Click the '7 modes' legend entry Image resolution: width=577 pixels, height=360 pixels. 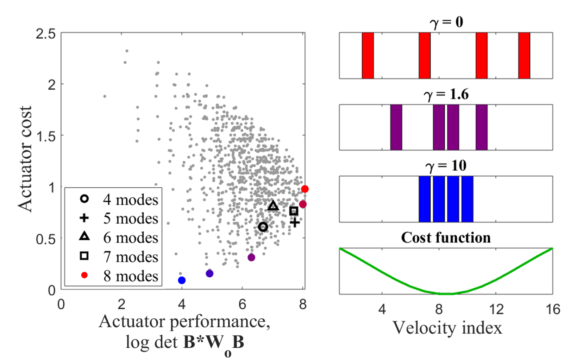coord(120,257)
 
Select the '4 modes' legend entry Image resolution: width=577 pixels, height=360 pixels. coord(120,200)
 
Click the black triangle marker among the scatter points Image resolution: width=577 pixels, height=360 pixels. coord(273,206)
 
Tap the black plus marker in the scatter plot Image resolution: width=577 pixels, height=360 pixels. coord(295,222)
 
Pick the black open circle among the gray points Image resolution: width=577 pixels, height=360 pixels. coord(263,227)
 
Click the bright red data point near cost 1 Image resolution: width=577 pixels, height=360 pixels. coord(305,189)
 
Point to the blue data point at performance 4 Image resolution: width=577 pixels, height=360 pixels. coord(182,280)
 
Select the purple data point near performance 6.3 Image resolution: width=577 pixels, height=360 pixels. coord(251,257)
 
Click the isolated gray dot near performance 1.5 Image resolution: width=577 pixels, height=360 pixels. coord(105,96)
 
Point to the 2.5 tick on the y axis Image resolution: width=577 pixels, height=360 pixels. coord(46,34)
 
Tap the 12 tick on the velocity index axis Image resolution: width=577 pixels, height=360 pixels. coord(496,309)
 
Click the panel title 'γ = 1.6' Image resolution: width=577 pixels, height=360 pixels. coord(446,94)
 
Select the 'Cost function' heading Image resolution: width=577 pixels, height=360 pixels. coord(446,238)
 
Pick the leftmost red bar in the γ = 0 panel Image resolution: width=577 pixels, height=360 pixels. coord(368,56)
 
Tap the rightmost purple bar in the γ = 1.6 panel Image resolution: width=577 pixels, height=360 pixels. coord(482,127)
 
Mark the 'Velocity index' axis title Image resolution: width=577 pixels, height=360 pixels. coord(447,328)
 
